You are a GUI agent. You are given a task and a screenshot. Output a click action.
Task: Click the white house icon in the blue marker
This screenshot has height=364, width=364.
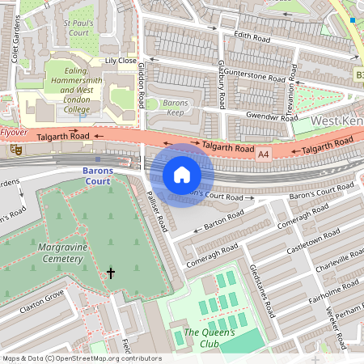pyautogui.click(x=182, y=175)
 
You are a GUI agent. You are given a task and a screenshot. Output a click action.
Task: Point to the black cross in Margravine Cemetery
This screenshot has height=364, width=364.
pyautogui.click(x=111, y=273)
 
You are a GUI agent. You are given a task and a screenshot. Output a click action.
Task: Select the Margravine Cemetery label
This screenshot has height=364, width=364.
pyautogui.click(x=60, y=252)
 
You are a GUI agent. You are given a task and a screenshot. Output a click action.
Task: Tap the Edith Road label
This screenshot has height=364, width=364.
pyautogui.click(x=250, y=37)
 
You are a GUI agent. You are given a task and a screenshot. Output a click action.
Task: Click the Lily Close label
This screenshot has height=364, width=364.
pyautogui.click(x=121, y=61)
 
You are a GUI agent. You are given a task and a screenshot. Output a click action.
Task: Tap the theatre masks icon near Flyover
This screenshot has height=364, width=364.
pyautogui.click(x=15, y=150)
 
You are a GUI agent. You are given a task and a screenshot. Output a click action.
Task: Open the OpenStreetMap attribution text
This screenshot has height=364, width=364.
pyautogui.click(x=82, y=358)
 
